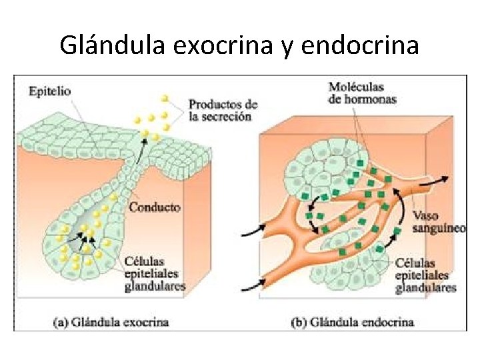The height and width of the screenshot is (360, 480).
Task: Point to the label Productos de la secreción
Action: tap(223, 111)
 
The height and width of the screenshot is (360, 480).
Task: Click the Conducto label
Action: tap(155, 207)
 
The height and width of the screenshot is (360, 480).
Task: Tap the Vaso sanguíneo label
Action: tap(439, 221)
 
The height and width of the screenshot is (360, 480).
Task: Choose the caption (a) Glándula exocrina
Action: tap(111, 322)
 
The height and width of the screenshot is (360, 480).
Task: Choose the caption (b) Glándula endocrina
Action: tap(353, 322)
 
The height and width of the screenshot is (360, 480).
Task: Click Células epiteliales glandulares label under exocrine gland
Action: tap(155, 273)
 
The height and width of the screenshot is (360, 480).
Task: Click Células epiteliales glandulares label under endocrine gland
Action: tap(425, 275)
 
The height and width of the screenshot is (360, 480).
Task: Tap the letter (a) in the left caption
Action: tap(60, 322)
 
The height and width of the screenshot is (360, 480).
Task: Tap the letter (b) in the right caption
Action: tap(299, 322)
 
